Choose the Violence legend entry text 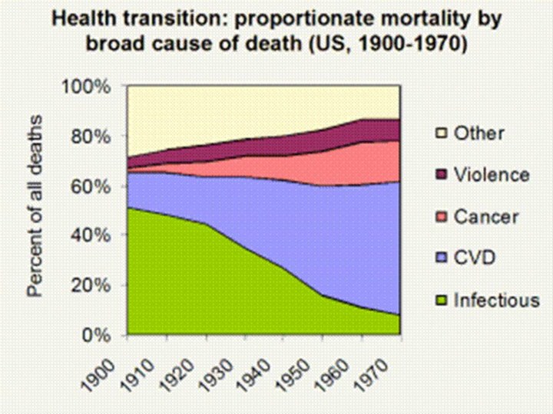tap(491, 175)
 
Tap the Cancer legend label tap(485, 217)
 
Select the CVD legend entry tap(475, 258)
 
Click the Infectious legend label tap(495, 300)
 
